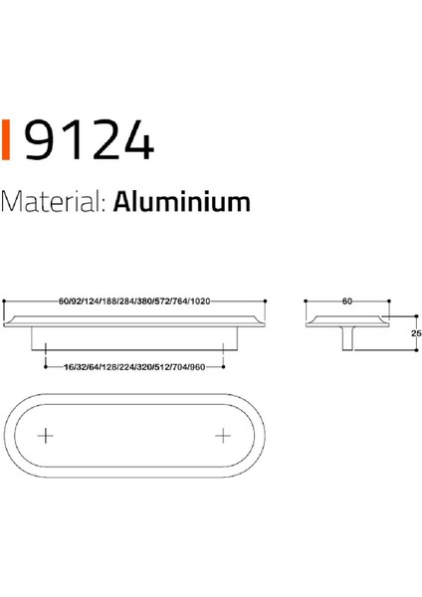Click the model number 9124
click(x=88, y=141)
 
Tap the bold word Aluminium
click(x=180, y=203)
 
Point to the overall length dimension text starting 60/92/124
click(x=135, y=299)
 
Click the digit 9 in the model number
click(x=39, y=141)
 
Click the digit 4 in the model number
click(x=137, y=141)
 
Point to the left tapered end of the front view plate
click(x=14, y=317)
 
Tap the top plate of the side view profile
click(x=345, y=318)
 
